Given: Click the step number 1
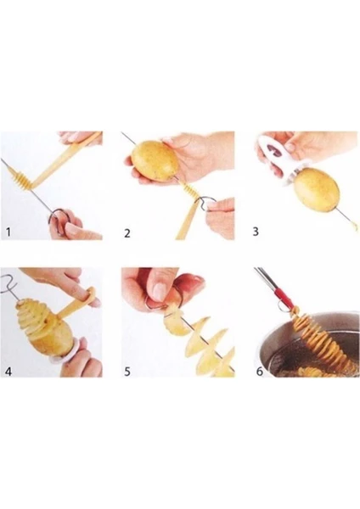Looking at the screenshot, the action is tap(8, 232).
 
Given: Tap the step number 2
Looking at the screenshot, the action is tap(127, 233).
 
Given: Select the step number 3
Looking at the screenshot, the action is tap(256, 232).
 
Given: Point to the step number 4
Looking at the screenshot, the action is tap(8, 371).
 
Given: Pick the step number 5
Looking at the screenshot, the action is tap(127, 372).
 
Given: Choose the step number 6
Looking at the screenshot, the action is tap(260, 371).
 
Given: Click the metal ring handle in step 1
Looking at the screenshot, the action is tap(56, 217).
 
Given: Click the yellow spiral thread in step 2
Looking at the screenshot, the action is tap(191, 191).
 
